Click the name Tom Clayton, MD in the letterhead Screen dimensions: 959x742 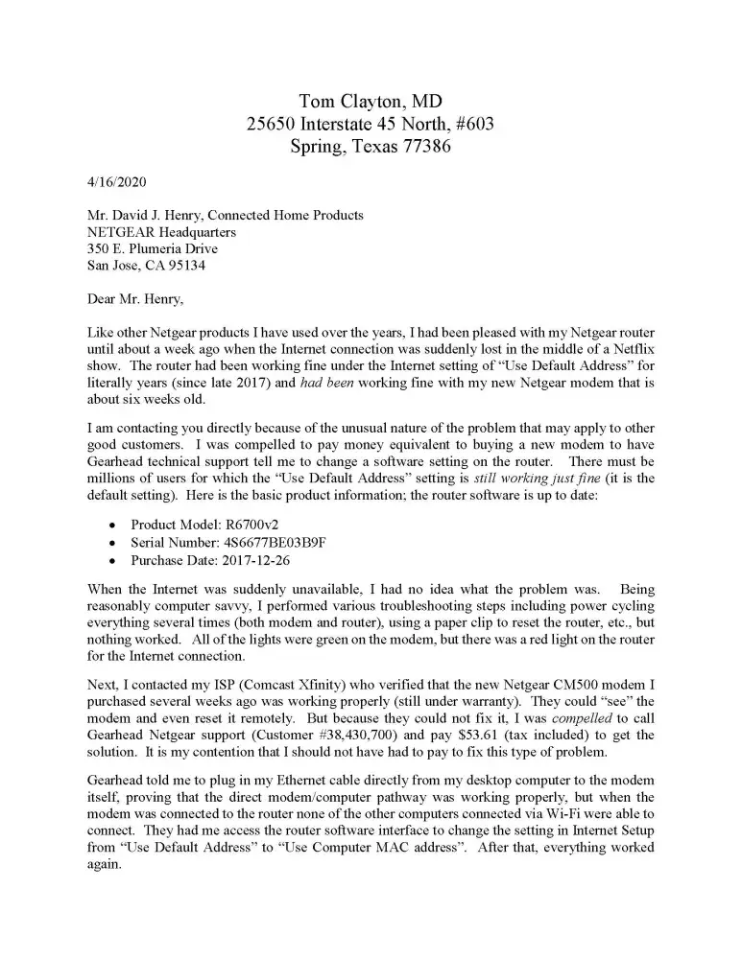coord(370,101)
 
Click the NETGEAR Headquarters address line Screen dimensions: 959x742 coord(161,232)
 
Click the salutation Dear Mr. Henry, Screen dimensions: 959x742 coord(136,299)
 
